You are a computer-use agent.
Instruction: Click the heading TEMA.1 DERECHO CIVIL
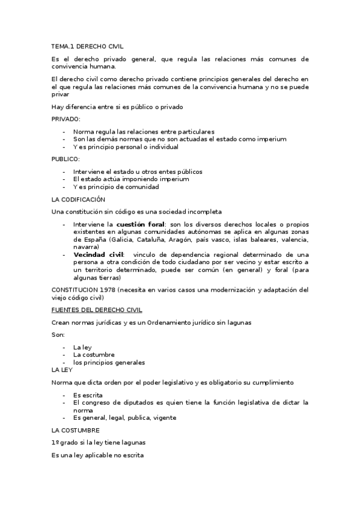tap(87, 46)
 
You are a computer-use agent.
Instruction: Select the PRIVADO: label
tap(66, 119)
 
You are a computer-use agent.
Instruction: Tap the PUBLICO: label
tap(66, 159)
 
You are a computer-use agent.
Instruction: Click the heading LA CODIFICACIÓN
tap(79, 199)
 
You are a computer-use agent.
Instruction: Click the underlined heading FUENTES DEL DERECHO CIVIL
tap(97, 310)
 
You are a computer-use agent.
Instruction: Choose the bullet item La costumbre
tap(94, 355)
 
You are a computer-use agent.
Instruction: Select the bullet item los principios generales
tap(109, 363)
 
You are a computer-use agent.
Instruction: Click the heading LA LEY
tap(62, 370)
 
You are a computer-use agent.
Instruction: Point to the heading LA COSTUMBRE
tap(76, 430)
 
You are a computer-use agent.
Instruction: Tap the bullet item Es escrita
tap(88, 395)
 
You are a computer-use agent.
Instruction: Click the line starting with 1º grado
tap(99, 443)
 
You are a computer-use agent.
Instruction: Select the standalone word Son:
tap(58, 335)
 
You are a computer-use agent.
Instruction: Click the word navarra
tap(87, 247)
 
